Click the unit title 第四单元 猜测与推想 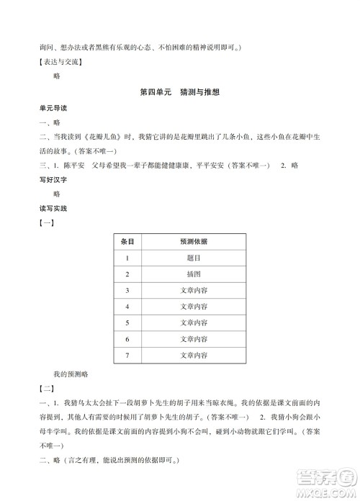[179, 93]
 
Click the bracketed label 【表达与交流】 [61, 61]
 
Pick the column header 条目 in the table [127, 242]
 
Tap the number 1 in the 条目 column [127, 258]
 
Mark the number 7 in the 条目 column [127, 356]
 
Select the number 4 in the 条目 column [127, 307]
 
